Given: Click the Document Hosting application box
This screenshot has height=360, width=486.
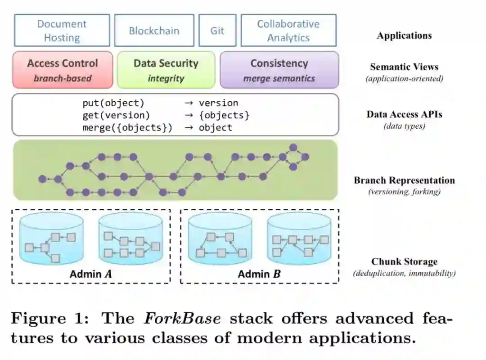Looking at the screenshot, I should click(62, 31).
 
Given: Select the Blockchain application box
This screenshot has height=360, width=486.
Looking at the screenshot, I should click(154, 31).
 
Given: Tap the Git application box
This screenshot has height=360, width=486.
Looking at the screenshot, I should click(217, 31).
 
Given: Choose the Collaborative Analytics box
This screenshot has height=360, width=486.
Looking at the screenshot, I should click(288, 31).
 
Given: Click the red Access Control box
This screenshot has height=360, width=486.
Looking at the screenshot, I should click(62, 70).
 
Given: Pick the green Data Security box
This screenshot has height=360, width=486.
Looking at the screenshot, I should click(166, 70).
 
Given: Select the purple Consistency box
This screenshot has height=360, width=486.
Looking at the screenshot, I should click(279, 70).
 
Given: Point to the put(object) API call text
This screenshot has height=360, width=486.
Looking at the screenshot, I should click(113, 103).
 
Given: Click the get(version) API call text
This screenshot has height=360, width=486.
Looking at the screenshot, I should click(116, 115).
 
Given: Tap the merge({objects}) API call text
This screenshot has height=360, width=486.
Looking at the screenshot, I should click(127, 127).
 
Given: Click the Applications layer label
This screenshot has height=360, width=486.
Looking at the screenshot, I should click(404, 36).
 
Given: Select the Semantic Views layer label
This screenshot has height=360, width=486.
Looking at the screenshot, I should click(404, 67).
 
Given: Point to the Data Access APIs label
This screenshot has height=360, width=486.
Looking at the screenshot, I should click(404, 114).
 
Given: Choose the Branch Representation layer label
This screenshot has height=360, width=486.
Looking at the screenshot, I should click(404, 180).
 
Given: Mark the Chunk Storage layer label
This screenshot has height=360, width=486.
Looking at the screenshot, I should click(404, 261).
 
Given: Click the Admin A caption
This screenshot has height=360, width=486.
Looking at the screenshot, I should click(90, 274).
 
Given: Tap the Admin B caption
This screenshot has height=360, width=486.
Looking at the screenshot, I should click(259, 274).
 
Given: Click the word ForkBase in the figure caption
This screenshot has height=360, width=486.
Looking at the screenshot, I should click(182, 319).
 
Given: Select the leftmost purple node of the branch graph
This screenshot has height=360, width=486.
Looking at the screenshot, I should click(42, 179).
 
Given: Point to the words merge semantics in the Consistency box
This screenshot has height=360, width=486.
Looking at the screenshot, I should click(279, 79).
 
